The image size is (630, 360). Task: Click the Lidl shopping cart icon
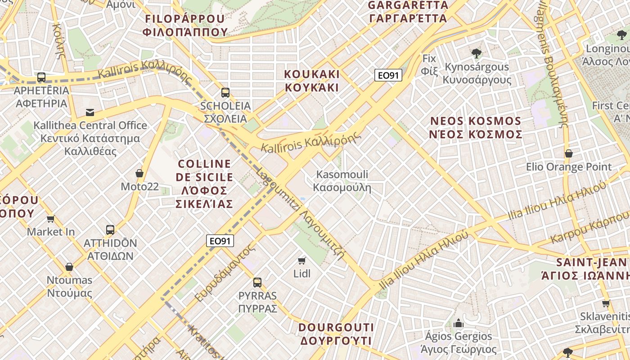click(302, 261)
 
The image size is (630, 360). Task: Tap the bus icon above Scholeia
click(225, 93)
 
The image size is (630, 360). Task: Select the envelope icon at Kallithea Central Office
click(90, 112)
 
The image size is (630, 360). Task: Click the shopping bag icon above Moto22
click(139, 173)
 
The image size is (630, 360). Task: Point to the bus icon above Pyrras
click(257, 282)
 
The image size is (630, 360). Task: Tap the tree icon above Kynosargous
click(477, 54)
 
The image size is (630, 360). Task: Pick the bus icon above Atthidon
click(110, 230)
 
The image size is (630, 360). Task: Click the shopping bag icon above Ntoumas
click(69, 267)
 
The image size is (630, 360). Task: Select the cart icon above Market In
click(51, 219)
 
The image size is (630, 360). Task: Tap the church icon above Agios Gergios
click(459, 323)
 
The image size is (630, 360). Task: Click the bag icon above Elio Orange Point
click(569, 153)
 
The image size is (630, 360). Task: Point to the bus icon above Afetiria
click(41, 77)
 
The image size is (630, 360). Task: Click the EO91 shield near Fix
click(388, 75)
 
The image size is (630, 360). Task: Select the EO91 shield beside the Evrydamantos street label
click(220, 241)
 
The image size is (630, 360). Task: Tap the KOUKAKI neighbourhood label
click(312, 81)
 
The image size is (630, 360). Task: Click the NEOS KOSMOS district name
click(476, 128)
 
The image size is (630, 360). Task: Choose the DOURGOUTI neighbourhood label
click(336, 333)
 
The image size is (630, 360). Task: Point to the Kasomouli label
click(342, 180)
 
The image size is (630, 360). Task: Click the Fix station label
click(429, 64)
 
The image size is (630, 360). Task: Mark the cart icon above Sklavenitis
click(606, 303)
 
